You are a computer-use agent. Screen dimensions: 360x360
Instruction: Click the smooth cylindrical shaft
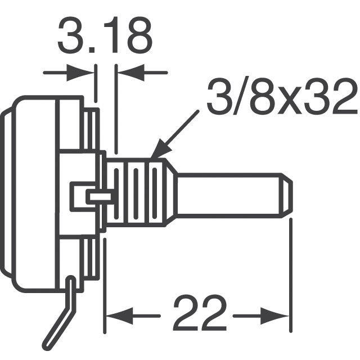(231, 193)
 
